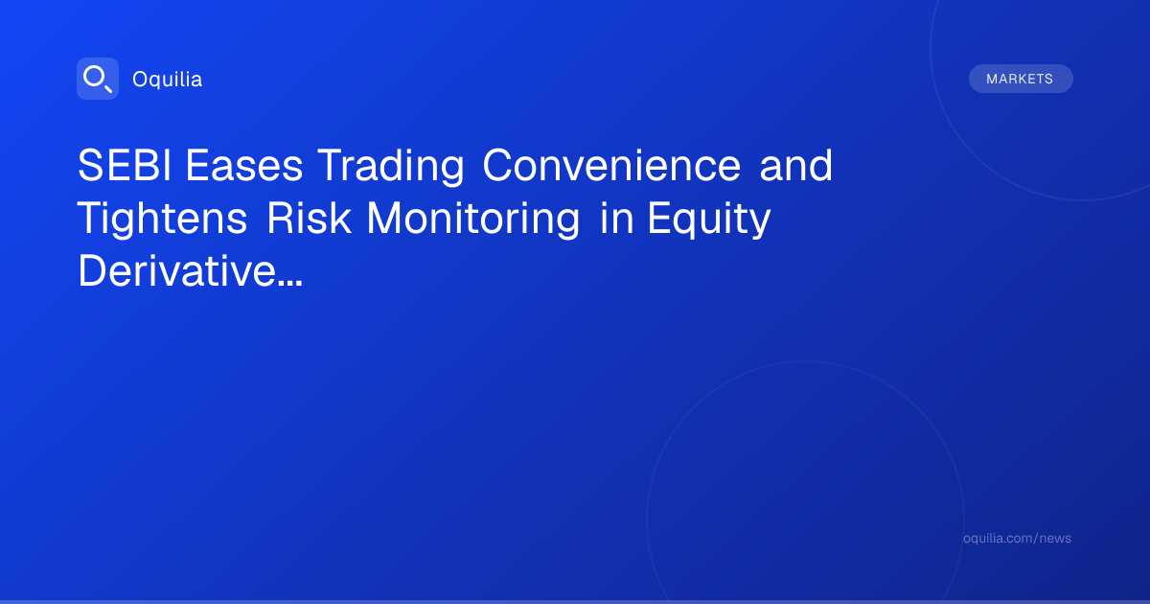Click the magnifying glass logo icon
pyautogui.click(x=98, y=79)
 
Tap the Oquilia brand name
pyautogui.click(x=168, y=79)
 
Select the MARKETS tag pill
pyautogui.click(x=1021, y=79)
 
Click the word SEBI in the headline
pyautogui.click(x=125, y=165)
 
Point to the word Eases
pyautogui.click(x=243, y=165)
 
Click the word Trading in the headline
pyautogui.click(x=391, y=166)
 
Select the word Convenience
pyautogui.click(x=611, y=165)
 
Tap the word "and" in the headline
pyautogui.click(x=795, y=165)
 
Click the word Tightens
pyautogui.click(x=162, y=220)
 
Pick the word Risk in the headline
pyautogui.click(x=309, y=218)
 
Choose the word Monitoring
pyautogui.click(x=472, y=220)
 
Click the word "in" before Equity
pyautogui.click(x=616, y=218)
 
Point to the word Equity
pyautogui.click(x=709, y=220)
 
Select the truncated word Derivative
pyautogui.click(x=177, y=270)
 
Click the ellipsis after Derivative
pyautogui.click(x=290, y=283)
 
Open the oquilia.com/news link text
pyautogui.click(x=1017, y=538)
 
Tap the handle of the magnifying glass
pyautogui.click(x=107, y=88)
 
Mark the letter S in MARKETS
pyautogui.click(x=1048, y=79)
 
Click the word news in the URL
pyautogui.click(x=1055, y=538)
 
